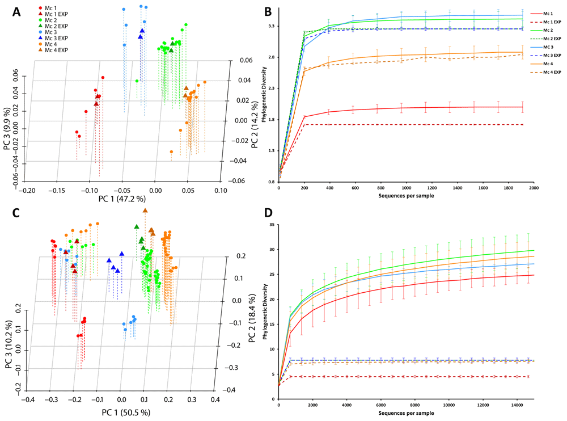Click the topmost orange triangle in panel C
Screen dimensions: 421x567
pos(145,210)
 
